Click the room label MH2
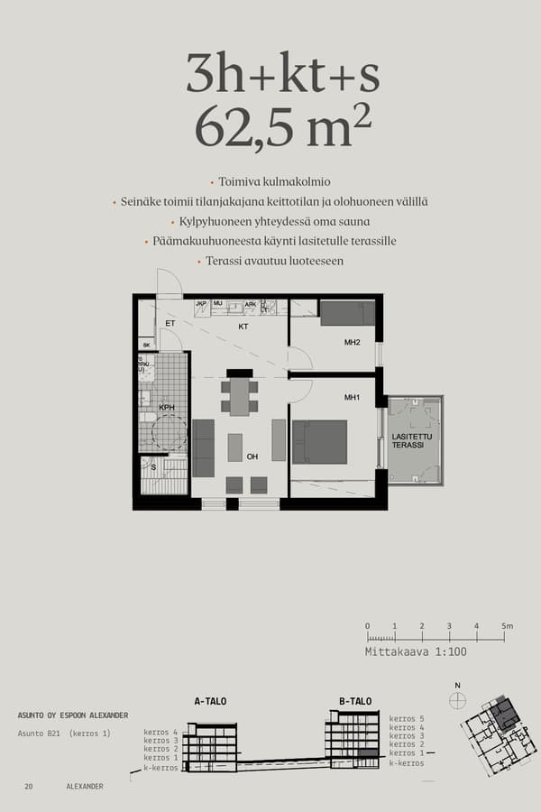click(353, 343)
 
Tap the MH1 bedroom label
click(353, 398)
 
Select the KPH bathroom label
click(167, 408)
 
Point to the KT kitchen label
click(243, 327)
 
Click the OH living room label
click(252, 457)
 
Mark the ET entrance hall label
click(170, 323)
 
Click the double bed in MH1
click(319, 441)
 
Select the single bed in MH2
click(347, 313)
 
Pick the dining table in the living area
click(239, 396)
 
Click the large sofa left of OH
click(204, 448)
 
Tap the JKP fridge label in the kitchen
click(202, 304)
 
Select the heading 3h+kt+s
click(283, 72)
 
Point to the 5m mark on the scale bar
click(506, 626)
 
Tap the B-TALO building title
click(355, 700)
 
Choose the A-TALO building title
click(210, 700)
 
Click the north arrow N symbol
click(458, 686)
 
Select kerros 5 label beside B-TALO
click(406, 718)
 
